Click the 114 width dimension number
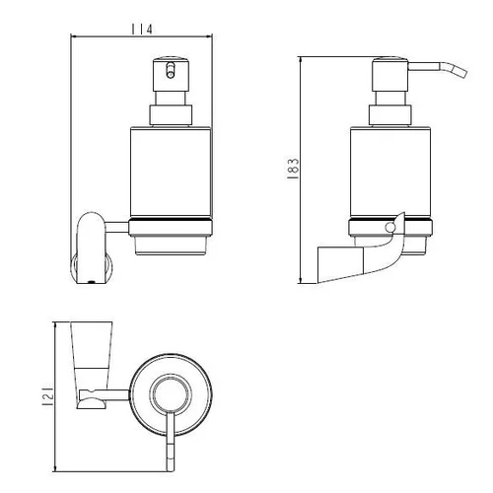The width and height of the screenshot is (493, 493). pos(142,30)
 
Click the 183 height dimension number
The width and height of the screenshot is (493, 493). pos(293,169)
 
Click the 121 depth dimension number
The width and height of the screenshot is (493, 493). pos(47,396)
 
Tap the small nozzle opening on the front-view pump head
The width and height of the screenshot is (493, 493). pos(171,70)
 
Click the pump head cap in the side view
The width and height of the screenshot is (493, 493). pos(389,75)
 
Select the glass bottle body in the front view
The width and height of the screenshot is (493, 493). pos(171,172)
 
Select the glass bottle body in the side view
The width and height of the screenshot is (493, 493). pos(390,172)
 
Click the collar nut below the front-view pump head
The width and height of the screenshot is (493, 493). pos(171,114)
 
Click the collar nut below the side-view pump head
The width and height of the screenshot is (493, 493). pos(390,114)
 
